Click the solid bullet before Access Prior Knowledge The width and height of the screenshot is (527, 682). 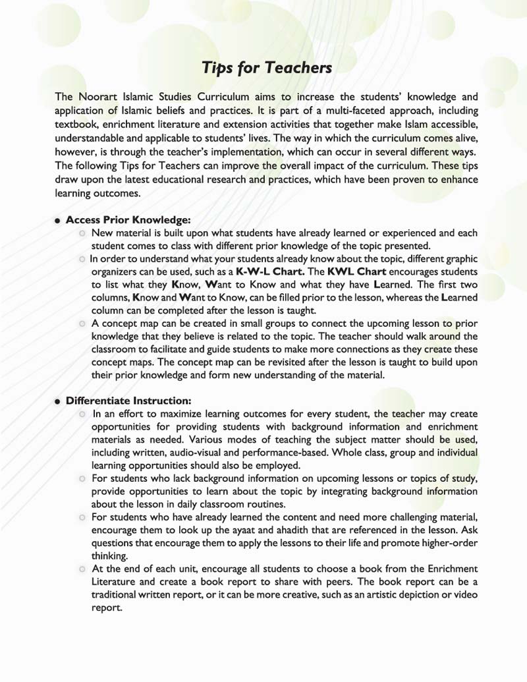pyautogui.click(x=58, y=221)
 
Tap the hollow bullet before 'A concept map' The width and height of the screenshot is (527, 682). pyautogui.click(x=82, y=324)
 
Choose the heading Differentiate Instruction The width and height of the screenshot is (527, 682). pyautogui.click(x=128, y=401)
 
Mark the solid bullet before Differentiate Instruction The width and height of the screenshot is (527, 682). pyautogui.click(x=58, y=401)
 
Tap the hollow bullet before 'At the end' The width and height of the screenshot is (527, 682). pyautogui.click(x=82, y=569)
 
